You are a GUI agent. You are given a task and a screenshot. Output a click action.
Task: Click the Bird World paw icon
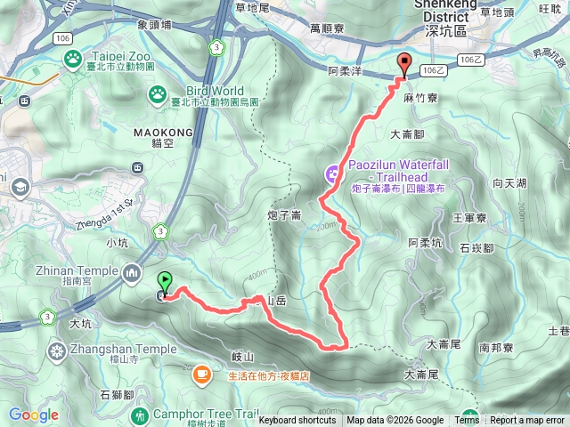pyautogui.click(x=158, y=92)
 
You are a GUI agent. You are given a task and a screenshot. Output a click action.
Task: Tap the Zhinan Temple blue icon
pyautogui.click(x=133, y=271)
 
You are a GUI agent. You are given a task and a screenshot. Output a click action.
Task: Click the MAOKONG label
pyautogui.click(x=156, y=130)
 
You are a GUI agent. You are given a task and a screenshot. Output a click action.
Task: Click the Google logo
pyautogui.click(x=35, y=415)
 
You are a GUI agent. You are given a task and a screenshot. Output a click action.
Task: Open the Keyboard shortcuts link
pyautogui.click(x=297, y=421)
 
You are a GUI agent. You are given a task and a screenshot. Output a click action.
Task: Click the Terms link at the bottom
pyautogui.click(x=467, y=421)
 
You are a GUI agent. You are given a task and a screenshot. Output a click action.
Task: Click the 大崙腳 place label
pyautogui.click(x=409, y=135)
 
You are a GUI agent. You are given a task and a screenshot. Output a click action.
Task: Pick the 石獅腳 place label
pyautogui.click(x=117, y=393)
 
